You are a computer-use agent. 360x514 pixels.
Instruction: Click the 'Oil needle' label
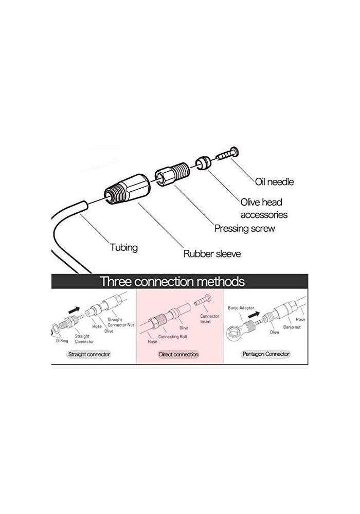[274, 181]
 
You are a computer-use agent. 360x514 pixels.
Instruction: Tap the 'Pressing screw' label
[244, 228]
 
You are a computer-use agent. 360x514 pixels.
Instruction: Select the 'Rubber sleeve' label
[212, 254]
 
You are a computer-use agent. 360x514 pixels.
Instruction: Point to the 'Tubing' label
[123, 248]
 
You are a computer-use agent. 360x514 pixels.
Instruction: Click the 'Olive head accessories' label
[264, 208]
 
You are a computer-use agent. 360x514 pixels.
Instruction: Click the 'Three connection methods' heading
[172, 281]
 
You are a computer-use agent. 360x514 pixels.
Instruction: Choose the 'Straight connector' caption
[89, 354]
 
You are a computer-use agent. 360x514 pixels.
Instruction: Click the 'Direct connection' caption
[178, 354]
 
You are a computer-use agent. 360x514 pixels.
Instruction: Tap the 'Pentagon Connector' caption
[265, 354]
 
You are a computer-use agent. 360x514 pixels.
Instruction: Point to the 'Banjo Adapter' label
[241, 308]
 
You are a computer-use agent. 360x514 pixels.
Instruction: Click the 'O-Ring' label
[62, 341]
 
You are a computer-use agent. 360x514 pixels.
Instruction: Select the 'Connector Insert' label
[209, 319]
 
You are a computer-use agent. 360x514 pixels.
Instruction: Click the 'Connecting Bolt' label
[172, 336]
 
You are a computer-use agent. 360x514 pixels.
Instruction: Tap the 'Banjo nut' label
[292, 327]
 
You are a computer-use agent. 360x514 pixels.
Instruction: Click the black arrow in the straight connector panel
[74, 310]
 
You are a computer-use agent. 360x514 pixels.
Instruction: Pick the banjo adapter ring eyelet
[235, 332]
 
